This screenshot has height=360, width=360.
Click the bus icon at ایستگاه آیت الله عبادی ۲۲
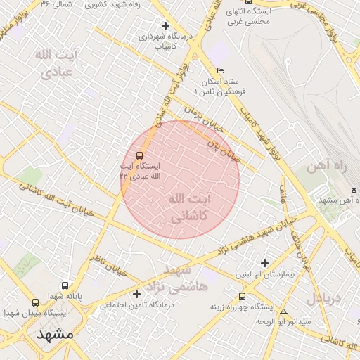(x=139, y=155)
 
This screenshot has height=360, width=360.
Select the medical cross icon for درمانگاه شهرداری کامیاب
(x=165, y=25)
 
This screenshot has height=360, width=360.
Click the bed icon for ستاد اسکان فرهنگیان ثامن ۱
(x=221, y=71)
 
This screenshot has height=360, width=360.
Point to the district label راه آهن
(x=327, y=167)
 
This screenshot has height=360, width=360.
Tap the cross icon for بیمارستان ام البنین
(x=264, y=262)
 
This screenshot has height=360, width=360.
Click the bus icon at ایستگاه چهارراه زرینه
(x=243, y=296)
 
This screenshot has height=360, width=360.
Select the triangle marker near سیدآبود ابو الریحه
(x=284, y=311)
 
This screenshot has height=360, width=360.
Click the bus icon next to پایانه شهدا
(x=65, y=286)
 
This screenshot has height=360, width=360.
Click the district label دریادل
(x=324, y=297)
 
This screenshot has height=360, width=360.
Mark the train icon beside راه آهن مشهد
(x=354, y=189)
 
